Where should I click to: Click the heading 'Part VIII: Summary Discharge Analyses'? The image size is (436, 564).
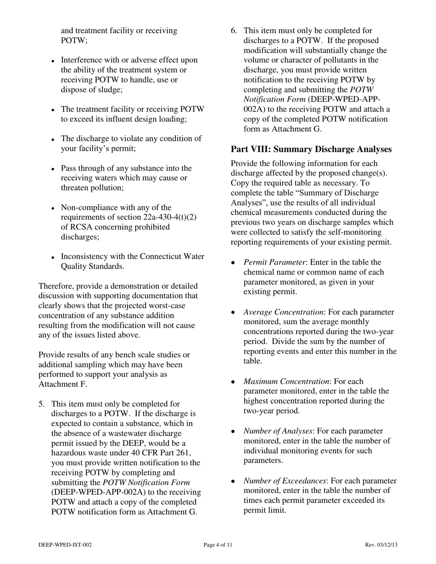coord(311,149)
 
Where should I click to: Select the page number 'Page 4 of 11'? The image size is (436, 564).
coord(218,545)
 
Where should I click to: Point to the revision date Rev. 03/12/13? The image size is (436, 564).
coord(381,545)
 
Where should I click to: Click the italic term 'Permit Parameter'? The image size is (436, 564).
coord(274,262)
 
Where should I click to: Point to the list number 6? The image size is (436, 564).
coord(234,30)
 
